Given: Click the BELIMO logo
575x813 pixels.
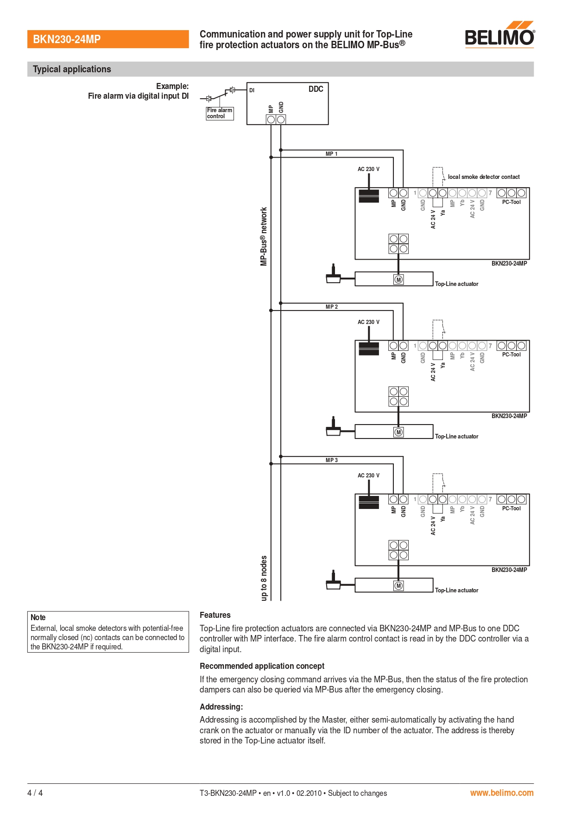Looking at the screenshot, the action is [x=499, y=34].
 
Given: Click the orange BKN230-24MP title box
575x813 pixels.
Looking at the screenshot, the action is [x=108, y=39].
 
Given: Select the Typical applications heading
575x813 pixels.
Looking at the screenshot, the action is [x=72, y=69].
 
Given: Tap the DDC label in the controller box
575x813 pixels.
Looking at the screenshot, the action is [x=316, y=89].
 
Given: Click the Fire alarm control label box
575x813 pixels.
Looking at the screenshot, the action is [x=220, y=113].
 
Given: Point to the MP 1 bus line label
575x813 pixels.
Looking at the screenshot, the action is [x=331, y=154].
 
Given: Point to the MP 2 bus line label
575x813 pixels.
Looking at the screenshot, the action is [x=331, y=307].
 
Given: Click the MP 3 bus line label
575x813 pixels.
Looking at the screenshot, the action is [x=331, y=460].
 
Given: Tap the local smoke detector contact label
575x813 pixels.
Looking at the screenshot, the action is [x=484, y=177].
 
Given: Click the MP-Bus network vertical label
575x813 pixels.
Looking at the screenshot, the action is [x=264, y=236].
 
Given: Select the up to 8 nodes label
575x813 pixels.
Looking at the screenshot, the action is [x=264, y=578].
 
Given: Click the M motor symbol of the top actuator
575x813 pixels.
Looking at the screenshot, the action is [x=398, y=279].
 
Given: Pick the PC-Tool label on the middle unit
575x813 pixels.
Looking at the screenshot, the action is [x=511, y=355].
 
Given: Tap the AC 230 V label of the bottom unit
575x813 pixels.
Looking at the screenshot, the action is [x=368, y=476].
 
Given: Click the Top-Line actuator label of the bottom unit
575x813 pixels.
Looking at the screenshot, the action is [x=456, y=590].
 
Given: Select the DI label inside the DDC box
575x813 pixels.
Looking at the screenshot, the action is [x=252, y=90].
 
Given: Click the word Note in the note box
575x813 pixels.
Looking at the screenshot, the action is [x=38, y=617].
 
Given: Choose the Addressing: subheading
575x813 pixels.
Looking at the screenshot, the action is [x=221, y=707].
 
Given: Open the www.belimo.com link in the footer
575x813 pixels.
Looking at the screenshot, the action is [x=502, y=793].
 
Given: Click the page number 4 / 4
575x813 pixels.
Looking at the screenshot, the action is [x=35, y=793].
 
